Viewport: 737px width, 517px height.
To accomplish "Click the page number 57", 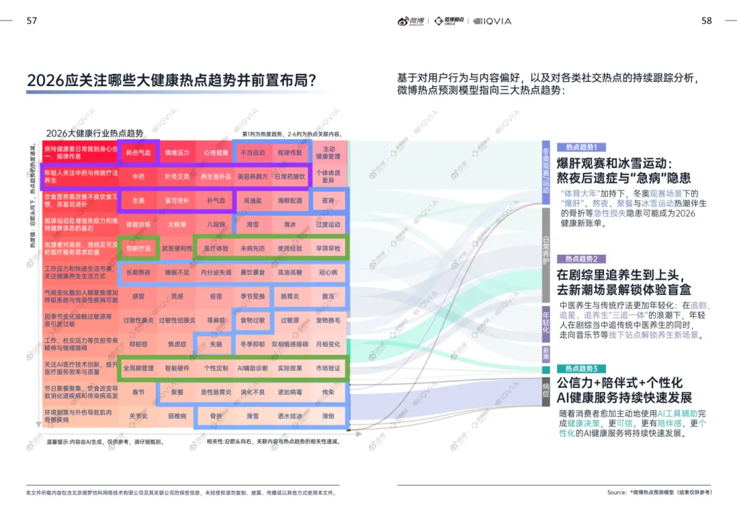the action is [31, 21].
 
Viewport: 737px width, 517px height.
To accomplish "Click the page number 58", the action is [707, 21].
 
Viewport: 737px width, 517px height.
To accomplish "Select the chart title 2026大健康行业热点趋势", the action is [95, 133].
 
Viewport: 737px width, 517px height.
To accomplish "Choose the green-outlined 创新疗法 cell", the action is [139, 249].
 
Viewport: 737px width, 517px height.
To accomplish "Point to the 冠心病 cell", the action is [328, 273].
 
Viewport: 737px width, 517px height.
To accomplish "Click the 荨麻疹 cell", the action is [216, 320].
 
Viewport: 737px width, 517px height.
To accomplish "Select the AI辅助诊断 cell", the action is [252, 368].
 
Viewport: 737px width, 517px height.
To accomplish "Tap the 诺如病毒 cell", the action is [290, 392].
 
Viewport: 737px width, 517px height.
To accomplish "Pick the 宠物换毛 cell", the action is [328, 320].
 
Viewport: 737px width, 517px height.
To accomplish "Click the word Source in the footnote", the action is [617, 492].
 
